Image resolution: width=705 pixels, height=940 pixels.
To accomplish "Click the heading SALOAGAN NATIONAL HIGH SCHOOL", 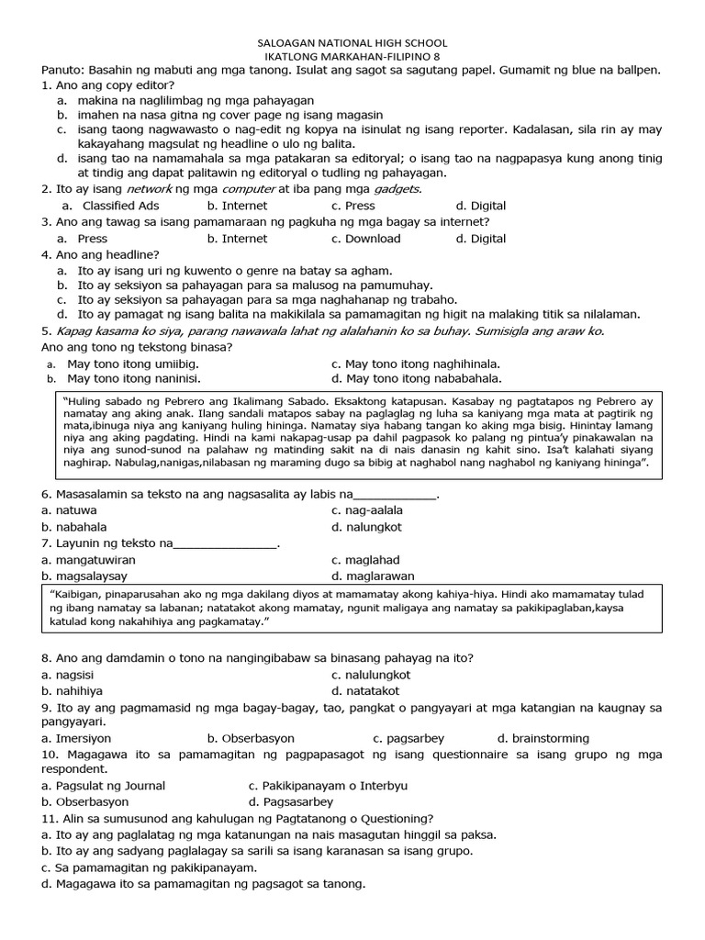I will (x=350, y=42).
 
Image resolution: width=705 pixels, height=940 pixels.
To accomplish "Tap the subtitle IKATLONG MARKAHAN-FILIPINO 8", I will (x=350, y=57).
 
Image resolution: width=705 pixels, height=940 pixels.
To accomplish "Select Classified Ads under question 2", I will (x=120, y=206).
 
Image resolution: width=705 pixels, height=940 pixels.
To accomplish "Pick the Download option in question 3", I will (x=373, y=239).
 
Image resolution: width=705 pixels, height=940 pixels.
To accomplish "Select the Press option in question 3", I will (x=93, y=239).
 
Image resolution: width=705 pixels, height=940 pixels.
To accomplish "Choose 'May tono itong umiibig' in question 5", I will (x=132, y=364).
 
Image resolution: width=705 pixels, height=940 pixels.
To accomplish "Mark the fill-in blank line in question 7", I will (x=225, y=544).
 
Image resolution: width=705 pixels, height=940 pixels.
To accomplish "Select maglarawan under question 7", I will (x=379, y=576).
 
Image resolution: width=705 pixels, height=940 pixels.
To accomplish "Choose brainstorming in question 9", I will (x=550, y=738).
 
